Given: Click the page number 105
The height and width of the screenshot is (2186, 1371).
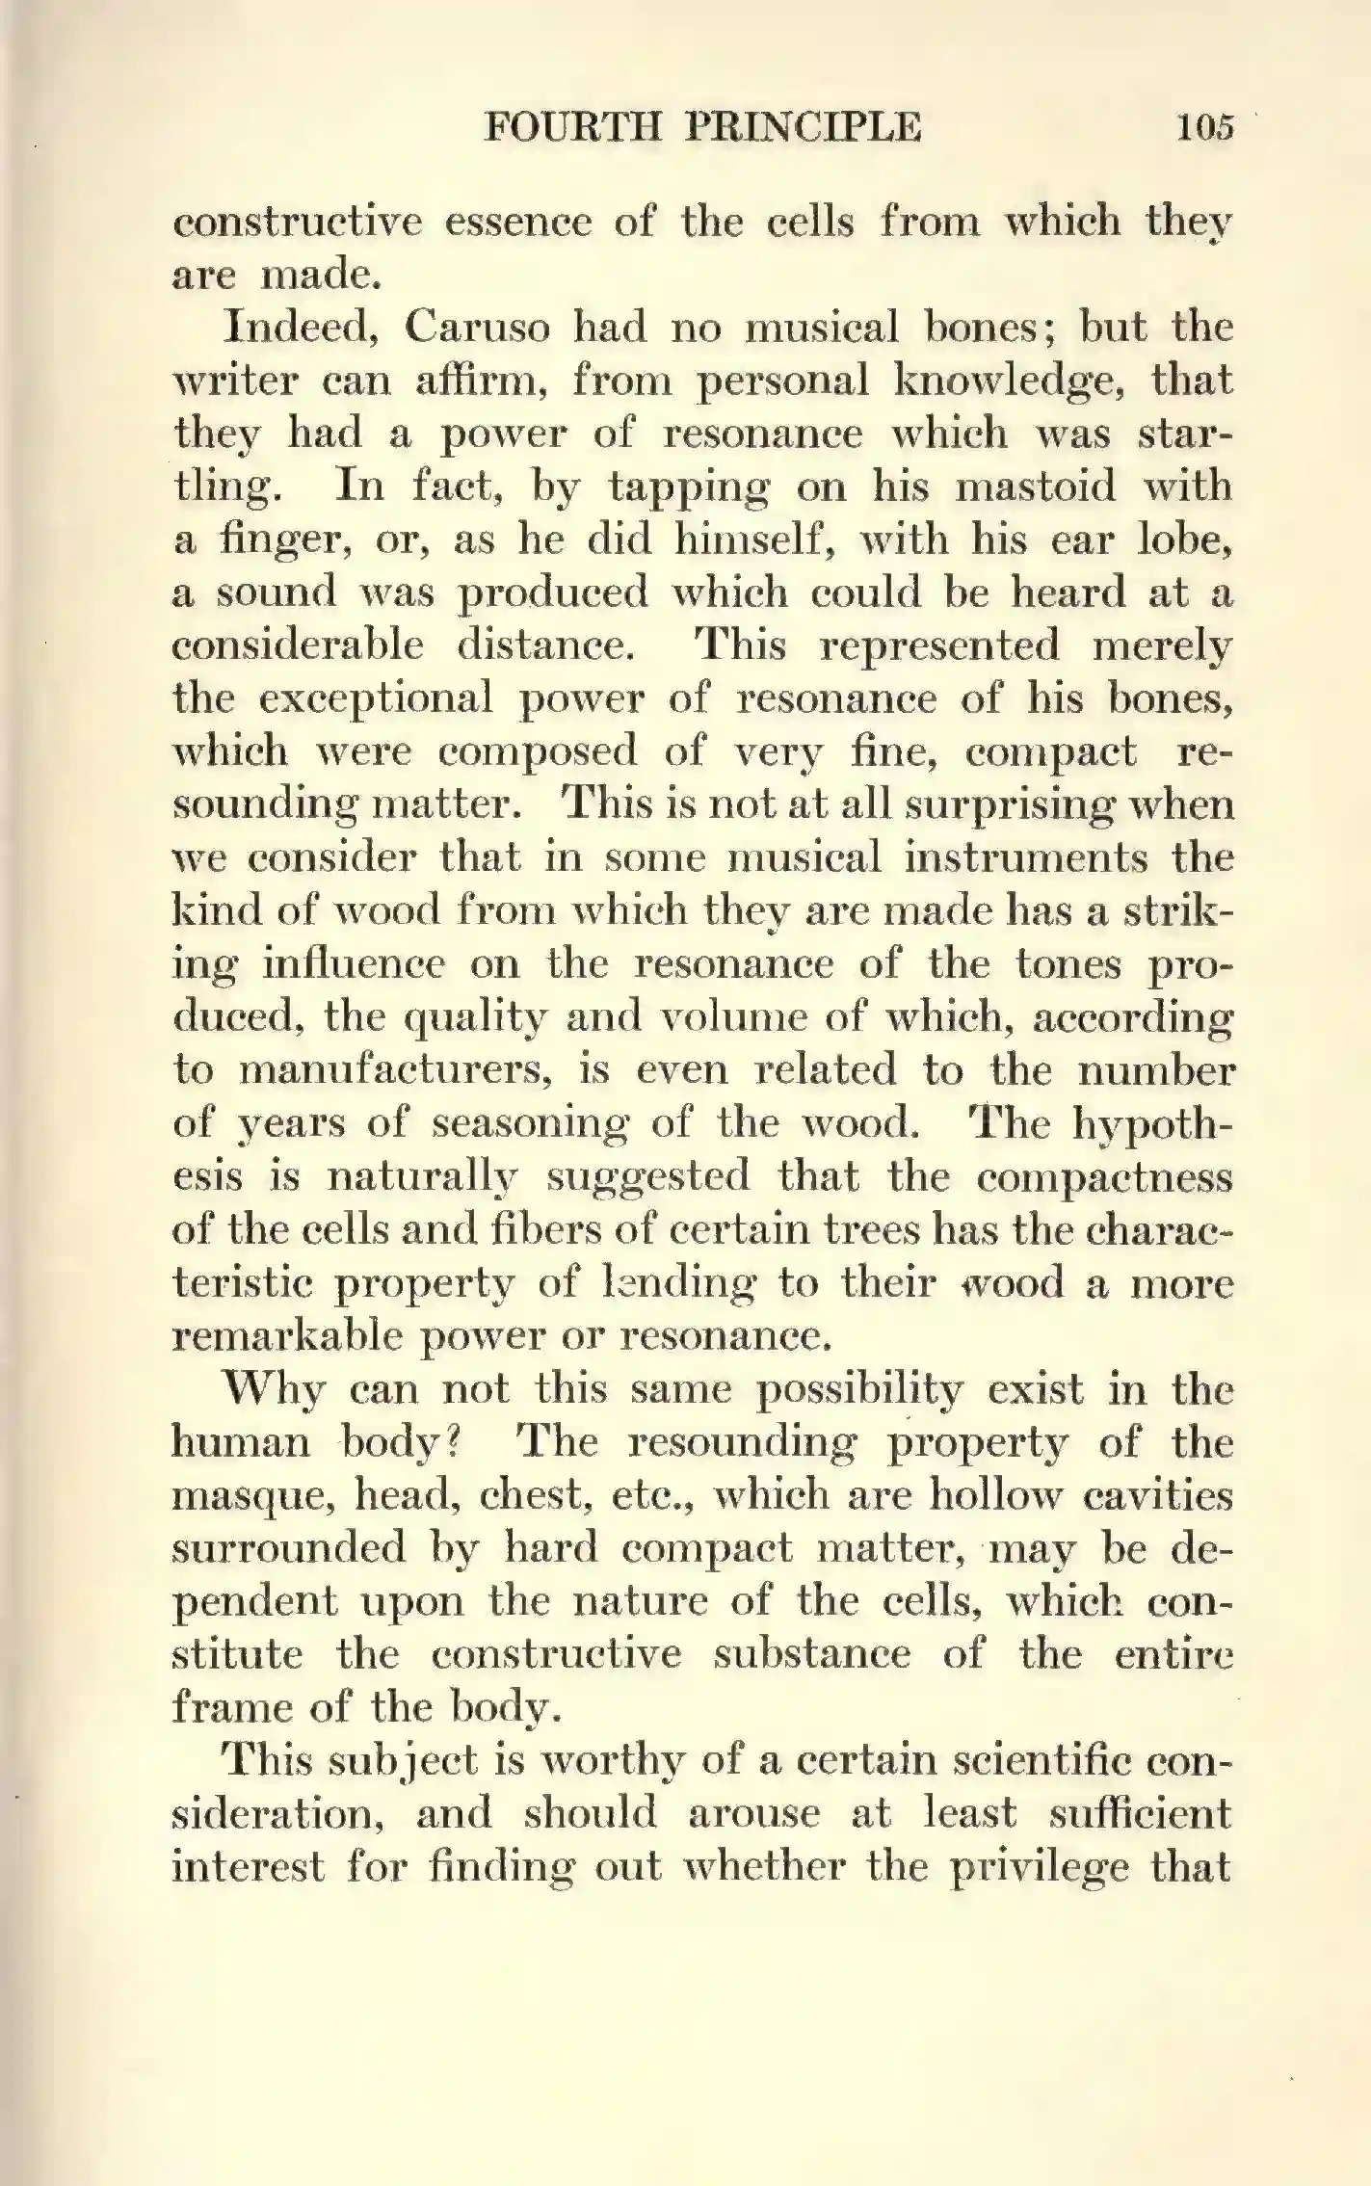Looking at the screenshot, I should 1204,127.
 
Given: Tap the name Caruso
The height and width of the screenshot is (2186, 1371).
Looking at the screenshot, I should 477,328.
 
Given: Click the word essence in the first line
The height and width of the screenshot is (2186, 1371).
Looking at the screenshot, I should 517,222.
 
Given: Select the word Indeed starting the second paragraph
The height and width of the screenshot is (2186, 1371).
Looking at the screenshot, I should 299,328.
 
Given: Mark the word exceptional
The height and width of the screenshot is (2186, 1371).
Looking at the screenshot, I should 376,698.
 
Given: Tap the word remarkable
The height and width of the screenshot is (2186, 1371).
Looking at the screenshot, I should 287,1336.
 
